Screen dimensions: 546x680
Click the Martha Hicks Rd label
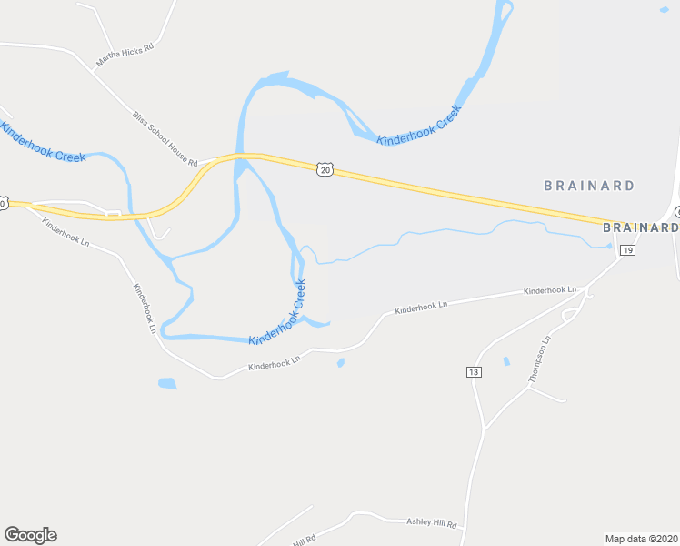[x=125, y=55]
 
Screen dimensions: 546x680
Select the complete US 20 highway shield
[x=326, y=169]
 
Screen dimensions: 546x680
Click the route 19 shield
[x=627, y=249]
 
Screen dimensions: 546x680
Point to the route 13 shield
[x=474, y=372]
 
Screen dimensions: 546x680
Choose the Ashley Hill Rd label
[x=431, y=523]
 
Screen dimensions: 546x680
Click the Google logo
[x=30, y=535]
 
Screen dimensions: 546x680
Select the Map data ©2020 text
[x=641, y=538]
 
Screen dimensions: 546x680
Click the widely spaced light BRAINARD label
[x=589, y=186]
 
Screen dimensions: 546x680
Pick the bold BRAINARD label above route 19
[x=641, y=227]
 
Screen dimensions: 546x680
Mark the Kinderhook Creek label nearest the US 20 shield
[x=420, y=125]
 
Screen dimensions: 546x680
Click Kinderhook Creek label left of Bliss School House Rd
[x=44, y=144]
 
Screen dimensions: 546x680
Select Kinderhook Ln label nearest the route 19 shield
[x=550, y=290]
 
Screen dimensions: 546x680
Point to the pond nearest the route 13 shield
[x=506, y=361]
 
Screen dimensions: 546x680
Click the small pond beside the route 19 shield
[x=608, y=245]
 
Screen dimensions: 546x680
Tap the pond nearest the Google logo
[x=166, y=383]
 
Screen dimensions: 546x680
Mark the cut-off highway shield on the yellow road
[x=4, y=204]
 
